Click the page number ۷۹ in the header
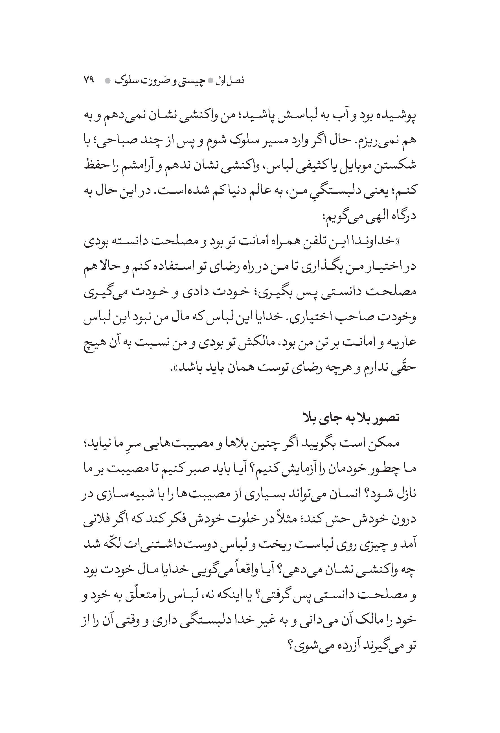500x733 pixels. point(89,80)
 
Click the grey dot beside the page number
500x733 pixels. point(107,81)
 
